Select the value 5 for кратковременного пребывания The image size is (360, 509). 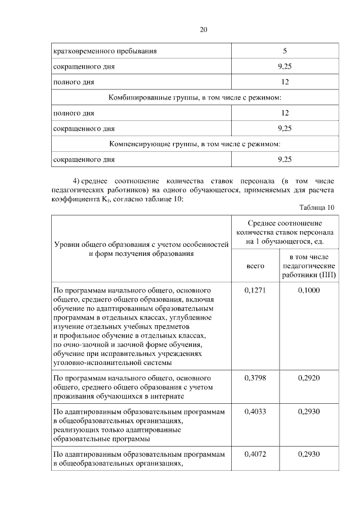285,51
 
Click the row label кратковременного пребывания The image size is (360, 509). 105,51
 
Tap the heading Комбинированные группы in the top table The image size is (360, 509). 195,98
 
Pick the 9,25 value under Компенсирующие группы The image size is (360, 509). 285,160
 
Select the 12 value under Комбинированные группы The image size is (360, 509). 285,113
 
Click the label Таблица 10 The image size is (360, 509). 317,208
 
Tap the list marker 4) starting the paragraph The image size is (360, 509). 80,181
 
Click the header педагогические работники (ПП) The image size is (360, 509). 309,265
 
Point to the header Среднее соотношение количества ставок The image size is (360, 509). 285,232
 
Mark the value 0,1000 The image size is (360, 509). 309,290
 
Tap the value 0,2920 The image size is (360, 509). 309,379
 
